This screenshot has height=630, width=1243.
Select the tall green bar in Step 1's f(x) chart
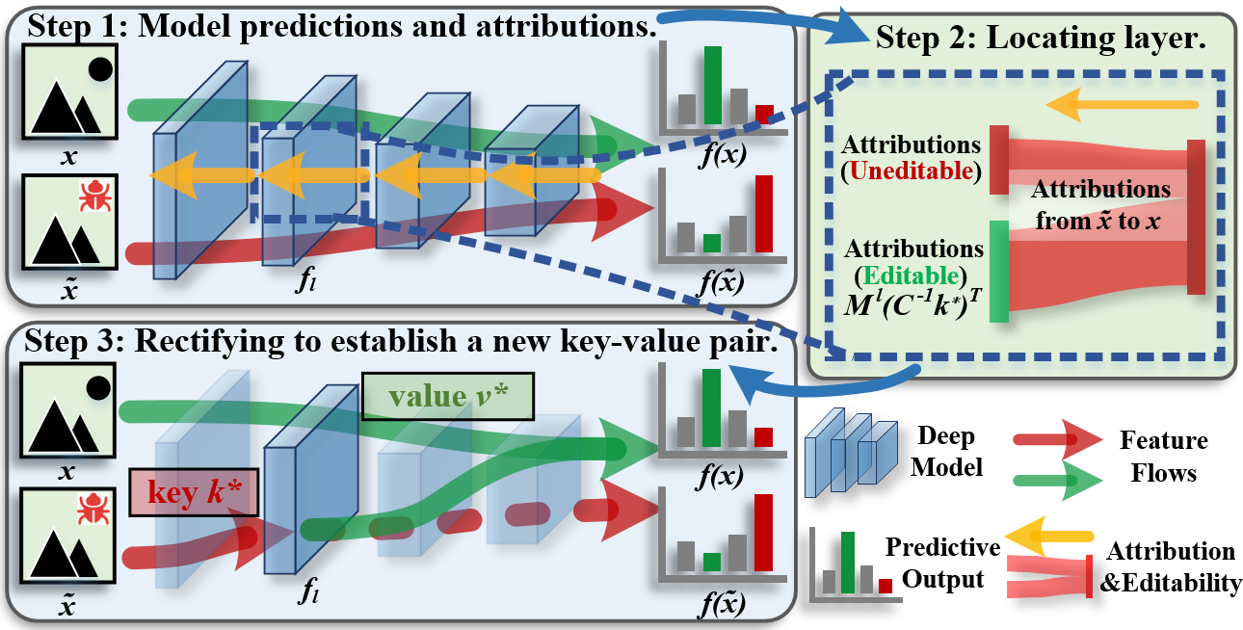click(x=713, y=84)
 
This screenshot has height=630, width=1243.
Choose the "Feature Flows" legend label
click(x=1163, y=456)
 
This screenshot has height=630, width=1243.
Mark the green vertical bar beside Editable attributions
click(x=998, y=271)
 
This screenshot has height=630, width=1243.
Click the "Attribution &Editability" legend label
click(x=1170, y=566)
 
